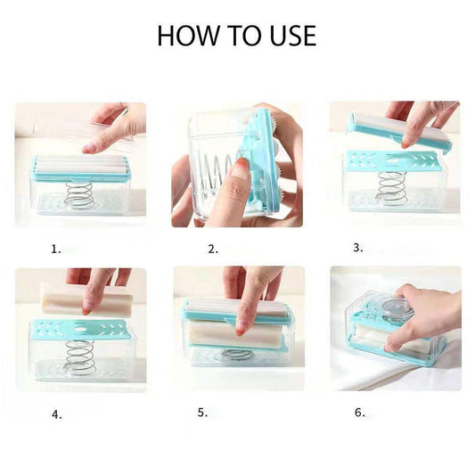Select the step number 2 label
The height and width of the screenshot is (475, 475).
(x=213, y=250)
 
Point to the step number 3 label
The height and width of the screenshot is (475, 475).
(x=358, y=248)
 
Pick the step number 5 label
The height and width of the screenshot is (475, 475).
(x=203, y=414)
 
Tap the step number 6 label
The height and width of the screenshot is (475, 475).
(x=360, y=413)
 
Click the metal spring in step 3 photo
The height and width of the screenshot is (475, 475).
(x=390, y=188)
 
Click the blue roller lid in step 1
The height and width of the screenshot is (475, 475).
(x=79, y=166)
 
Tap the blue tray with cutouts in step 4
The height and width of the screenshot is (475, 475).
(x=79, y=329)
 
